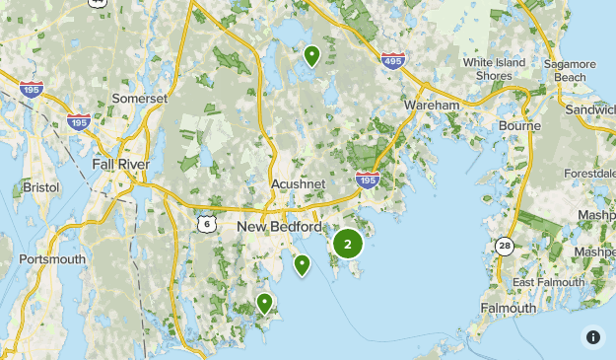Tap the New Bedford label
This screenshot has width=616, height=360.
279,227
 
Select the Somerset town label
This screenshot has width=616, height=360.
140,99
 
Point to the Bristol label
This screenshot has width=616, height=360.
41,186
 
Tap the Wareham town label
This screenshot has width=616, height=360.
431,105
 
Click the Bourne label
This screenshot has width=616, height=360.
519,126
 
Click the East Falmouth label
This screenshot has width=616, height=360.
547,282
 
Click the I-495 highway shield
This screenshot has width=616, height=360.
392,59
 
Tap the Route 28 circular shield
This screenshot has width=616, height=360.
506,246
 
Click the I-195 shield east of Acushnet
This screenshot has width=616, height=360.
368,180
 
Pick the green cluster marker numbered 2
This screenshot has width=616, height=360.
347,244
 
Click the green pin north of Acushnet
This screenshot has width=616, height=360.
311,55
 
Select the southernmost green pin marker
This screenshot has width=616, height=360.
264,303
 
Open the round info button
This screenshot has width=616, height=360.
593,337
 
